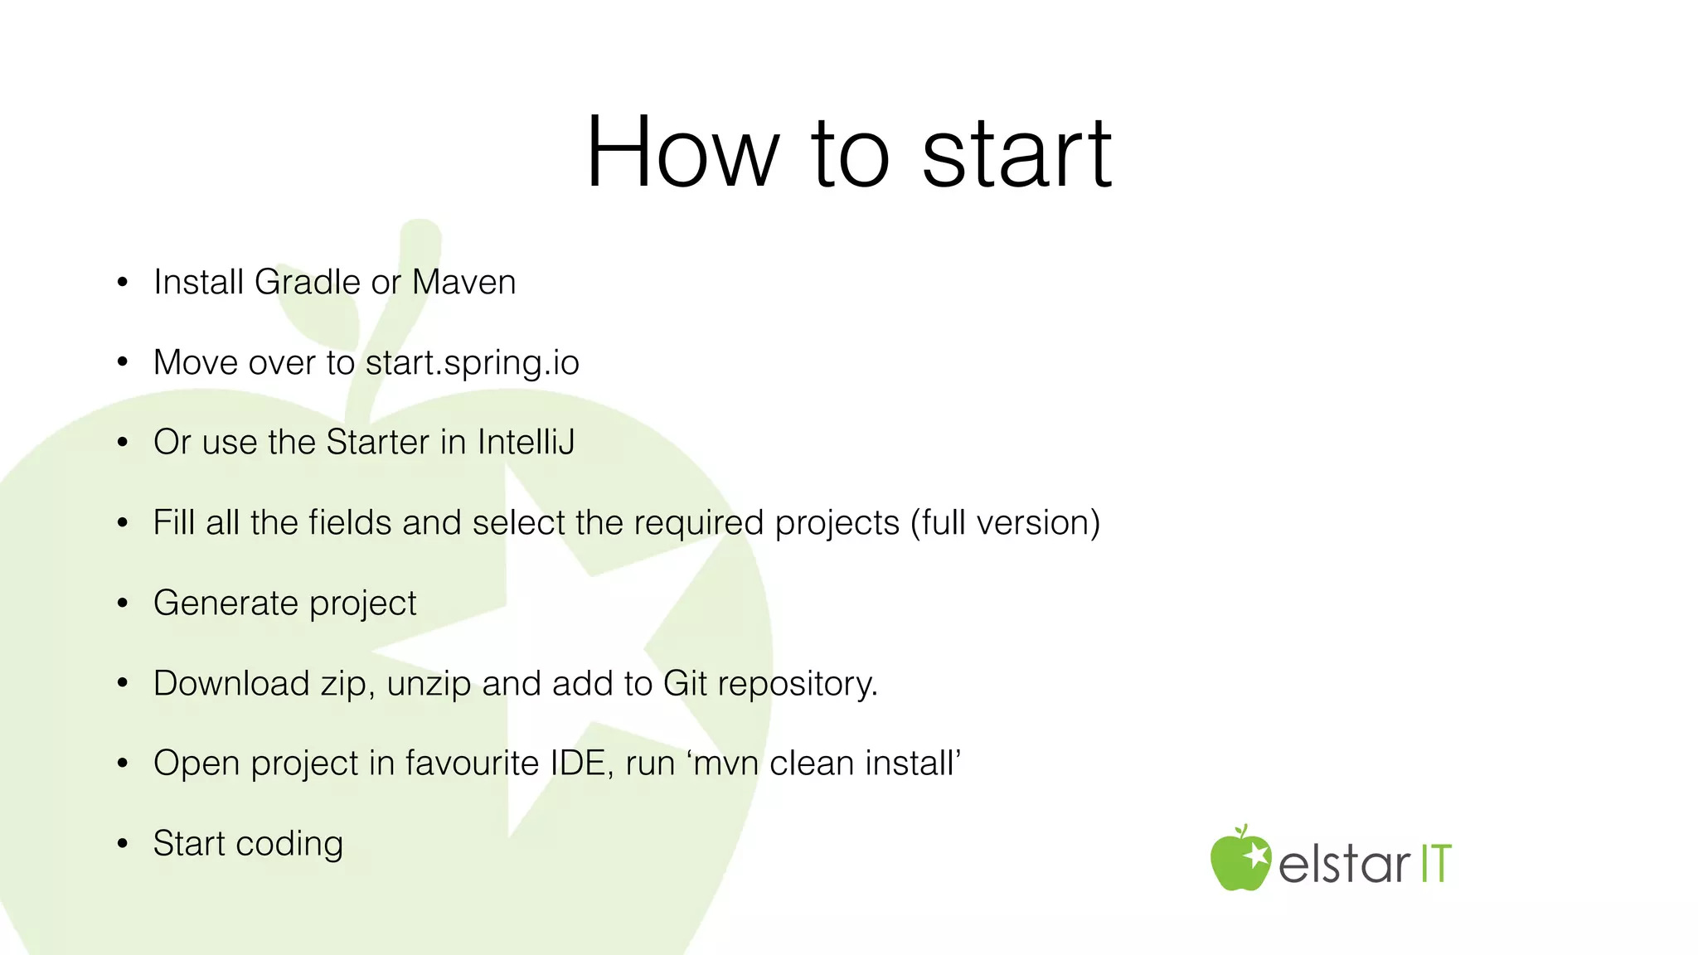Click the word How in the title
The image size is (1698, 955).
tap(682, 153)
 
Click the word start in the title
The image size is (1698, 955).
tap(1016, 153)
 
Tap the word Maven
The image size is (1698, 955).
tap(463, 283)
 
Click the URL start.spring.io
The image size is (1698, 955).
tap(472, 363)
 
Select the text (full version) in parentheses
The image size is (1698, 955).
tap(1005, 523)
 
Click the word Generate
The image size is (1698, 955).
tap(226, 603)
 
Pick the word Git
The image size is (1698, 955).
tap(684, 684)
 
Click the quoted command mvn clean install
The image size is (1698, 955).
tap(825, 764)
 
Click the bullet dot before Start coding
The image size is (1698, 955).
tap(123, 844)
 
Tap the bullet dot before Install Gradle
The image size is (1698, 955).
tap(123, 283)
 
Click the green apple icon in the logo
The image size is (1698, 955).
tap(1240, 860)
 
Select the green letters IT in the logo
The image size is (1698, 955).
tap(1436, 864)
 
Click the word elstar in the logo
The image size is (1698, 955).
tap(1343, 865)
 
